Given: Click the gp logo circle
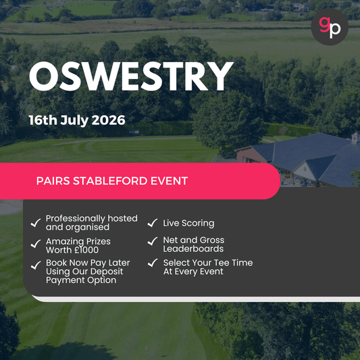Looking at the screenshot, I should (330, 28).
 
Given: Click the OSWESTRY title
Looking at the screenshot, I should (130, 78).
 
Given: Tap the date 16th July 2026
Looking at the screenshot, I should (76, 120).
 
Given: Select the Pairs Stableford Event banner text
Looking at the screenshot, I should (111, 181).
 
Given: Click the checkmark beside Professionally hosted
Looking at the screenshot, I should (35, 223).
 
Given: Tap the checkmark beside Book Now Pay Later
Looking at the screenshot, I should (35, 264).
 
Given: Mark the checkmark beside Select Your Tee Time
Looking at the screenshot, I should (153, 264).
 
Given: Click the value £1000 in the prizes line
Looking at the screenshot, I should (96, 250).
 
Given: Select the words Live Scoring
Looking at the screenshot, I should (188, 223).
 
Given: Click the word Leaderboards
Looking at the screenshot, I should (193, 249).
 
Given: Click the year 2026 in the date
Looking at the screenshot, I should (109, 120).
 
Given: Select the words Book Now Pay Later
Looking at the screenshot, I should (88, 262).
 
